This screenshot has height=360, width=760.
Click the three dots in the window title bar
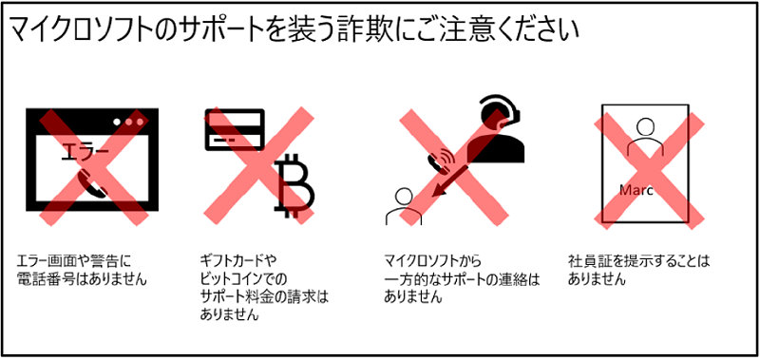tap(130, 123)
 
